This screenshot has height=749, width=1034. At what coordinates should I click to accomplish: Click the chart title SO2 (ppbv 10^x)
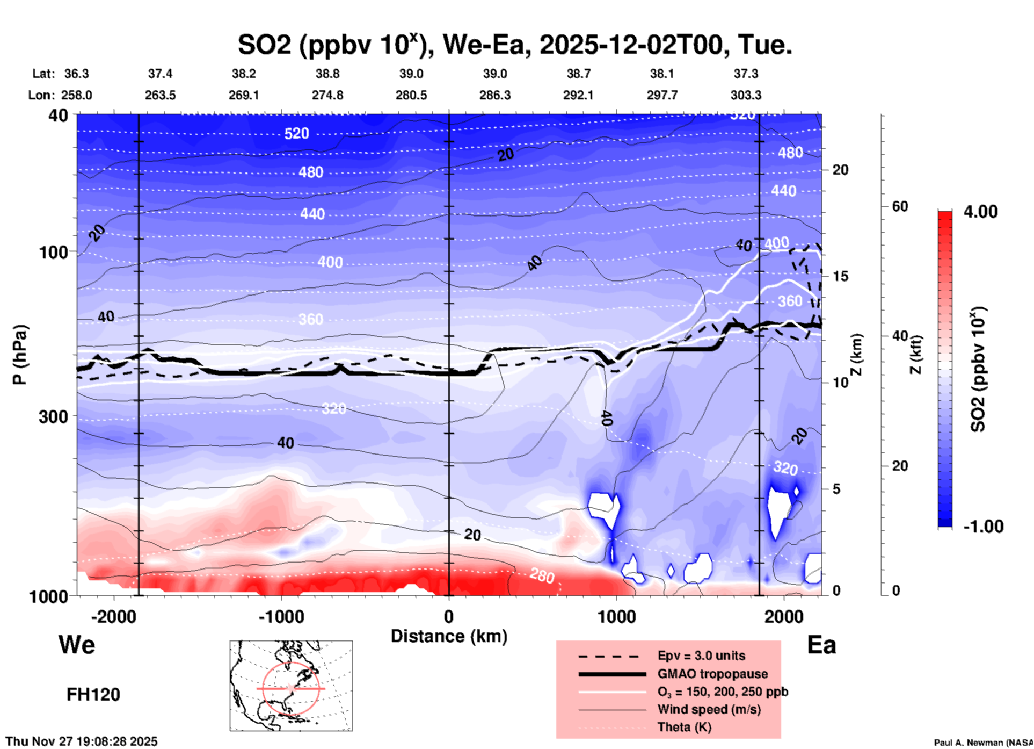click(514, 45)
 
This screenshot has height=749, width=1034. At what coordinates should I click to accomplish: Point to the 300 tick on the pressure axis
click(54, 416)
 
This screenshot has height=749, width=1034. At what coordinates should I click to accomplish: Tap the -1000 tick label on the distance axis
click(281, 617)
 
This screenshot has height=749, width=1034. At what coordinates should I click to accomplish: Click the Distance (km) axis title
click(449, 636)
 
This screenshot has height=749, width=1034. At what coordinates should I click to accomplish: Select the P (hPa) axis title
click(20, 355)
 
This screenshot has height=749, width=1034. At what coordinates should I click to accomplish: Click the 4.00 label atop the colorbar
click(980, 211)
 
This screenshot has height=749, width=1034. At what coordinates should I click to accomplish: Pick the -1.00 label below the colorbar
click(983, 527)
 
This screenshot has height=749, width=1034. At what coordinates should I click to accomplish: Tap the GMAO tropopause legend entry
click(712, 674)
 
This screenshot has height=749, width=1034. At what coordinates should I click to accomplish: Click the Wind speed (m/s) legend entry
click(709, 709)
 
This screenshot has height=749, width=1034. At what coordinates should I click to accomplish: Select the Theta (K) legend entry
click(685, 727)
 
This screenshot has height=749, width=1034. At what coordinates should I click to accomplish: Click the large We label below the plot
click(77, 644)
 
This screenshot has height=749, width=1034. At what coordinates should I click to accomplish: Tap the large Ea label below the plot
click(821, 645)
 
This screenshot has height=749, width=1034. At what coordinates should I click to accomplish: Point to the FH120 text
click(93, 695)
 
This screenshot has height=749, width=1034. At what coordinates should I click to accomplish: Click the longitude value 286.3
click(494, 95)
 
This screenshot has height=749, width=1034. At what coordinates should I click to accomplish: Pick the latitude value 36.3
click(76, 74)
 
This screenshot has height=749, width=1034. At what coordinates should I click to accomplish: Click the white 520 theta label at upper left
click(296, 133)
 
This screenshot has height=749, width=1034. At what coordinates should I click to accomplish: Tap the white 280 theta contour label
click(542, 575)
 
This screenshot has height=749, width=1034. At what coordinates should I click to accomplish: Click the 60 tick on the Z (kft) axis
click(900, 207)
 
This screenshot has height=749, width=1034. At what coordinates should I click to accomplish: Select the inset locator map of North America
click(291, 686)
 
